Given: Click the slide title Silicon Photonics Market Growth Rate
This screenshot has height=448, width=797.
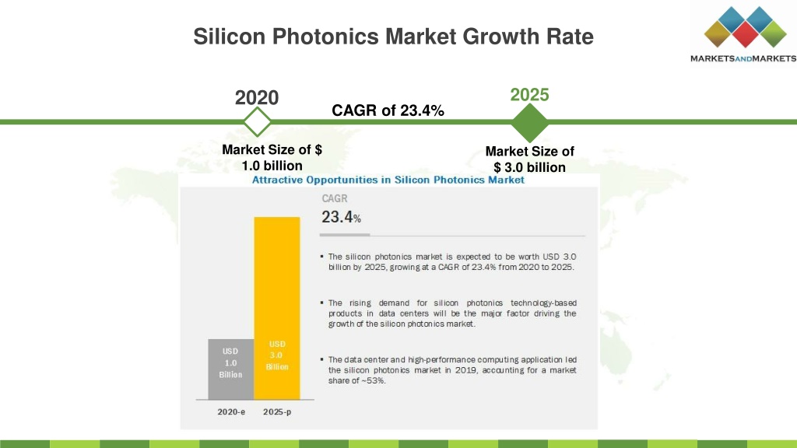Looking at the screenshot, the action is click(x=393, y=37).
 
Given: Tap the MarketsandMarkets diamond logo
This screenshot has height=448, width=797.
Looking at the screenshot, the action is click(x=745, y=27).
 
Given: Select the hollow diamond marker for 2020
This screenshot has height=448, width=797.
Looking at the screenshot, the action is click(x=257, y=122).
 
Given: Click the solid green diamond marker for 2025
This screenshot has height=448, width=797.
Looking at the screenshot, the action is click(x=529, y=123).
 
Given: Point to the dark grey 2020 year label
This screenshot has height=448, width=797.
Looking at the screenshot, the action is click(x=257, y=97).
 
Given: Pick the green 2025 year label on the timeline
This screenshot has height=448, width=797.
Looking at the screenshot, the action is click(x=529, y=94).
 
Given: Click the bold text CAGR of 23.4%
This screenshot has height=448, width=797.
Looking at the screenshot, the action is click(x=388, y=110).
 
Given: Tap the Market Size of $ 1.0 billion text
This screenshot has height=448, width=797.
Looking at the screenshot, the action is click(x=272, y=157).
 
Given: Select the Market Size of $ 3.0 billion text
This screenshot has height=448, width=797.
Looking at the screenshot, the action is click(x=529, y=159).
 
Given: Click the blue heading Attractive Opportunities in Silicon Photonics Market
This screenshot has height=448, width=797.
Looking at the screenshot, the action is click(x=388, y=180).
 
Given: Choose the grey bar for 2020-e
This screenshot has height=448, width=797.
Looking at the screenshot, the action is click(x=230, y=369).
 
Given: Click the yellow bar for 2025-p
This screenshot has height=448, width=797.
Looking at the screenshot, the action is click(x=277, y=308).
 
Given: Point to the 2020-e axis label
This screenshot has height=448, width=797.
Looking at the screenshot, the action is click(x=231, y=412).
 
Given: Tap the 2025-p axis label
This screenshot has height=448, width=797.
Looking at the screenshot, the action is click(x=277, y=412).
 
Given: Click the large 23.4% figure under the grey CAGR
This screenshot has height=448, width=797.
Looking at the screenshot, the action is click(x=341, y=218).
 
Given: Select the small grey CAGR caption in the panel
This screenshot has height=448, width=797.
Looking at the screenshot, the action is click(x=335, y=198).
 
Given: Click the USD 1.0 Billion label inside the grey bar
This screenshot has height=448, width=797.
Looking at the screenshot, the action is click(x=230, y=362).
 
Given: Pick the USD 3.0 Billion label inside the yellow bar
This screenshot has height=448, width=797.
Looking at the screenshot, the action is click(x=277, y=355).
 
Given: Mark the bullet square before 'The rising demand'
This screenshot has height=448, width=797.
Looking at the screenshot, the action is click(x=321, y=303).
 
